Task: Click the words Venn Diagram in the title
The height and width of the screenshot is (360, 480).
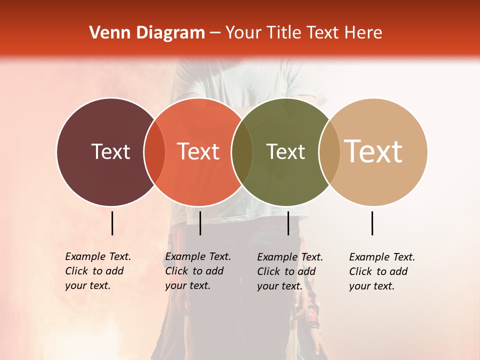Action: (147, 33)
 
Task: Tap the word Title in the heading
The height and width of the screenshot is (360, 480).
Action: (284, 33)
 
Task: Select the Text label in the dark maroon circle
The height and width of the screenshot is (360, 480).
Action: (110, 151)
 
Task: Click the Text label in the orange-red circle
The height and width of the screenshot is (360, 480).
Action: (198, 151)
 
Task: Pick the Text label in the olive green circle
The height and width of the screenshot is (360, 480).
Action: (285, 151)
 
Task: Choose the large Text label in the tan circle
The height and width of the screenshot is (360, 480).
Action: (373, 151)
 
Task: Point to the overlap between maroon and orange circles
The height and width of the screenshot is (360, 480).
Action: (154, 152)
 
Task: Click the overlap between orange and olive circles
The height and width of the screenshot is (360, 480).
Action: (242, 152)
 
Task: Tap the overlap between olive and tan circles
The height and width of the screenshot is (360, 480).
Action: (329, 152)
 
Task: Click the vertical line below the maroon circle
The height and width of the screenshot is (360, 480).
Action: (112, 223)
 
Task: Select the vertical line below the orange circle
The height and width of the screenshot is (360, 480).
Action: (200, 223)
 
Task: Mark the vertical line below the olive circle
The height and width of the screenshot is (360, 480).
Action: (288, 223)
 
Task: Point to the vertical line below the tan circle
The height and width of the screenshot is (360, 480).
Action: (372, 223)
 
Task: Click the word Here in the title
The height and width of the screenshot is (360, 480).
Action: (364, 33)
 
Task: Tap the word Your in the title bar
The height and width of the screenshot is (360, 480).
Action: (243, 33)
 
